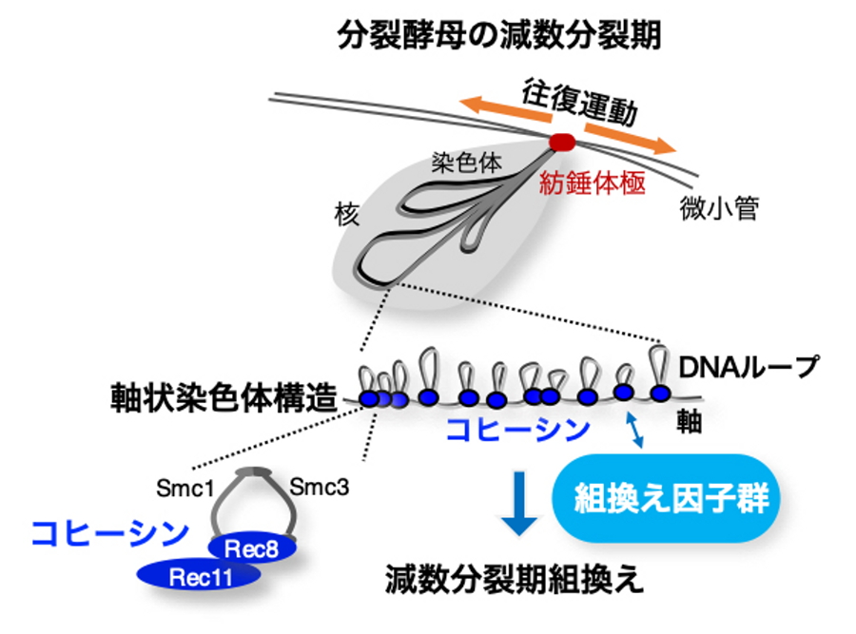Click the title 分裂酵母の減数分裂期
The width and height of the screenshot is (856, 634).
coord(498,36)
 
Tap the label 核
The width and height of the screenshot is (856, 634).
coord(346,214)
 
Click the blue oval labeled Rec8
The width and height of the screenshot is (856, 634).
coord(252,548)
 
